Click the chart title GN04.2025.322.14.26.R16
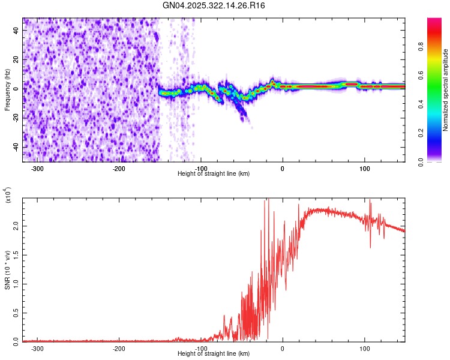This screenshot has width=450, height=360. [214, 5]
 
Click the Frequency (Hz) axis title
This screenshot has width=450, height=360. [7, 91]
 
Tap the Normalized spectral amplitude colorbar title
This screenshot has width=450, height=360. [445, 91]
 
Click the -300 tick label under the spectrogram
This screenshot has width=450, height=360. [37, 168]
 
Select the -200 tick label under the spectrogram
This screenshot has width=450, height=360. [119, 168]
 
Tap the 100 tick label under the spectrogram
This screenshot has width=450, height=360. [364, 168]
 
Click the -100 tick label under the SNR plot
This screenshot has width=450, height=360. [201, 349]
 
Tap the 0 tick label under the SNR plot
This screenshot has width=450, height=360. [283, 349]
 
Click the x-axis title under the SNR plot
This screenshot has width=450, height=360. [214, 354]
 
